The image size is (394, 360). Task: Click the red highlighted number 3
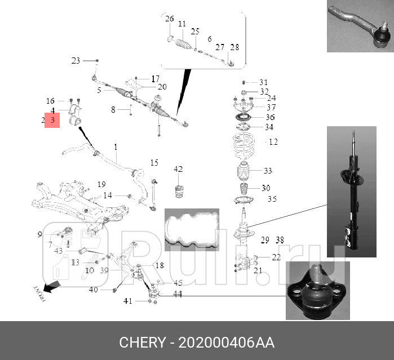(52, 120)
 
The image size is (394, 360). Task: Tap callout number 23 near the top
(76, 60)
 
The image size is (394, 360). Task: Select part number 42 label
(178, 169)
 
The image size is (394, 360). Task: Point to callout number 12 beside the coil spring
(273, 142)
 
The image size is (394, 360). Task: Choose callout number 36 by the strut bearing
(271, 117)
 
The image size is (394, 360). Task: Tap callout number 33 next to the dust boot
(268, 171)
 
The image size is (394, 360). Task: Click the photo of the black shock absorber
(352, 192)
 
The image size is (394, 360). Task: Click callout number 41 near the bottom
(128, 301)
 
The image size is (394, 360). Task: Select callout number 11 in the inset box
(181, 24)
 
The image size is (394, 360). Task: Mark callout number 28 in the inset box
(234, 47)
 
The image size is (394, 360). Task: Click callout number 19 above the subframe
(101, 184)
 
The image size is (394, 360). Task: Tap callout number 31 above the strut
(264, 82)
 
